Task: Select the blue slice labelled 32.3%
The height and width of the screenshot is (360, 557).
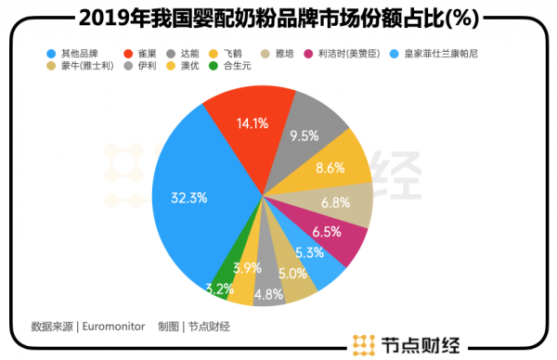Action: coord(195,199)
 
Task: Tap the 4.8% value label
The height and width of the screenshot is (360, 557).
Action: coord(269,295)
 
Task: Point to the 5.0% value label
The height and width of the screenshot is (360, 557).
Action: coord(293,275)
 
